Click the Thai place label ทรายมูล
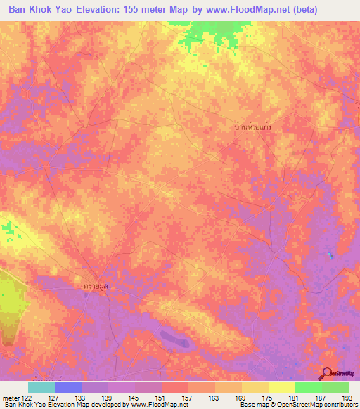click(96, 286)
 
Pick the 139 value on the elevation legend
click(108, 397)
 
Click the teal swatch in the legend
click(41, 387)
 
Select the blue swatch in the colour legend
click(67, 387)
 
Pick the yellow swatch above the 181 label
click(281, 387)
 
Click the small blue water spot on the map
click(329, 254)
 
